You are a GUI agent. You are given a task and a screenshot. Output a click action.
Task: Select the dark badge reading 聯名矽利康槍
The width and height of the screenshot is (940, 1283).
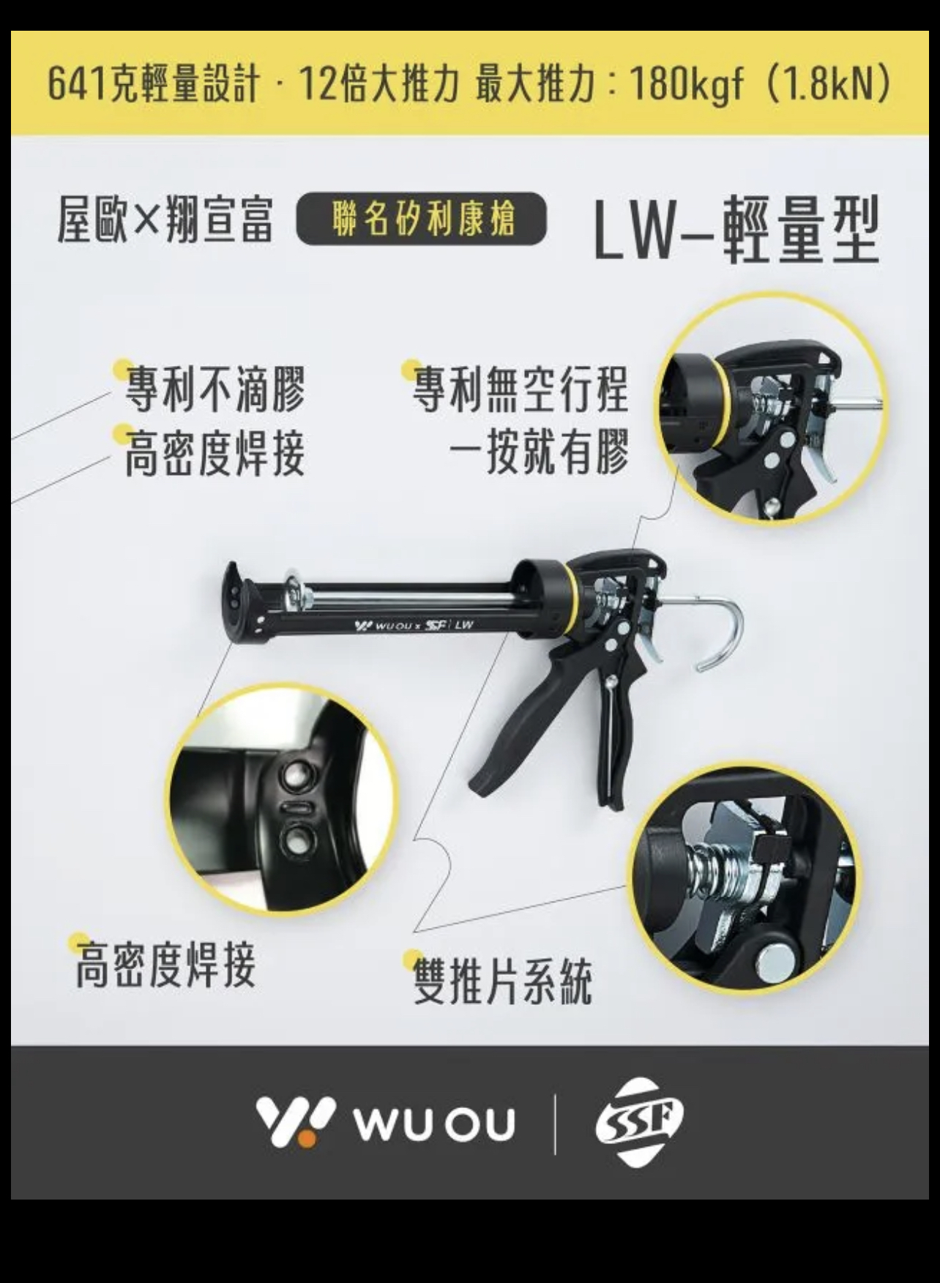[421, 218]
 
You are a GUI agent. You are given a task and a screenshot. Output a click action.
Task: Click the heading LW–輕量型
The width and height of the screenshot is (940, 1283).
[735, 229]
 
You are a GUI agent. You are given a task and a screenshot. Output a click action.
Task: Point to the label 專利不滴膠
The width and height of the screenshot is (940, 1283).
[215, 389]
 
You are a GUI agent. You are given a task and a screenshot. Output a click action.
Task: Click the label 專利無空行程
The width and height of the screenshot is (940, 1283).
[521, 389]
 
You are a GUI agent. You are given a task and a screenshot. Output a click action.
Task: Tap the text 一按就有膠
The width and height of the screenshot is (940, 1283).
[539, 451]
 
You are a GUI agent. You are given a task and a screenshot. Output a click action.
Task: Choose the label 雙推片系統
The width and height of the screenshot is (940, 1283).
[502, 981]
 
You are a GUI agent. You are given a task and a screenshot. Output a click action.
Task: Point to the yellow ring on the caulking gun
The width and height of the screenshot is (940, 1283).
[572, 600]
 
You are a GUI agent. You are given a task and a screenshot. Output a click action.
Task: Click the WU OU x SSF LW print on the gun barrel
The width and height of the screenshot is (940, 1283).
[414, 625]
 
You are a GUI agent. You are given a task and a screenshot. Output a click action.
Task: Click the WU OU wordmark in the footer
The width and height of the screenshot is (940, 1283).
[435, 1123]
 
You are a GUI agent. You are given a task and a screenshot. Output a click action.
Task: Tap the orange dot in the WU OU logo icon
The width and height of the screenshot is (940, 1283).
[307, 1137]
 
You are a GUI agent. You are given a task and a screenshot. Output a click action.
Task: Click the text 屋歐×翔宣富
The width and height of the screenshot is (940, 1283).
[165, 220]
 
